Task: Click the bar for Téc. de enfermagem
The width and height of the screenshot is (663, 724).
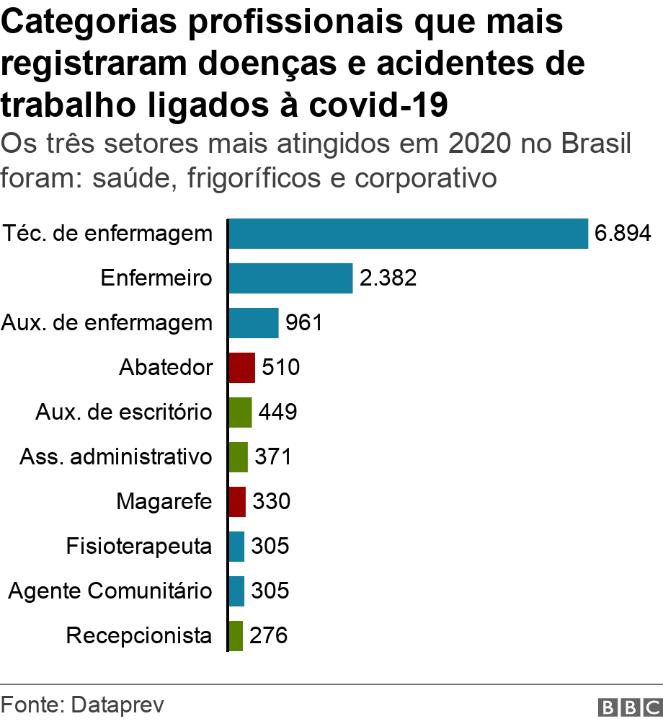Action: click(408, 234)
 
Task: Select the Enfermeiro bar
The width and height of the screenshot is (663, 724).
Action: click(290, 278)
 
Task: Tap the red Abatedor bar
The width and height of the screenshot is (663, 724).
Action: click(241, 368)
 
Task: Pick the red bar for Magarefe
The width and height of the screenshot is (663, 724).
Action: click(237, 501)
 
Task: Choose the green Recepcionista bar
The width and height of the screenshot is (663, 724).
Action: click(236, 635)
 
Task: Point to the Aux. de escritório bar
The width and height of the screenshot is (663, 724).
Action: click(240, 412)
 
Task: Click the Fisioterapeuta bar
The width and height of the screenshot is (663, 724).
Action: click(236, 546)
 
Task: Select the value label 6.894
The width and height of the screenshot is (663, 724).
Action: click(623, 234)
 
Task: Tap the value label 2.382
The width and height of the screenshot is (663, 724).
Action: click(388, 278)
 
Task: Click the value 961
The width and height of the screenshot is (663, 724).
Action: click(303, 323)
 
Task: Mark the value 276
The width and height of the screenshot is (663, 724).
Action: click(269, 635)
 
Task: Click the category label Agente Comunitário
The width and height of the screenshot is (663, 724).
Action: click(110, 591)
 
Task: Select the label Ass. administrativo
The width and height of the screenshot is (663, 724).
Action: click(116, 457)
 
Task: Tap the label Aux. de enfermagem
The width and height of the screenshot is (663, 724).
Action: click(107, 323)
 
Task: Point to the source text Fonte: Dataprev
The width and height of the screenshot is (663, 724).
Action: click(82, 705)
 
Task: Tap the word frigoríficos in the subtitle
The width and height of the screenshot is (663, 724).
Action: click(252, 177)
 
